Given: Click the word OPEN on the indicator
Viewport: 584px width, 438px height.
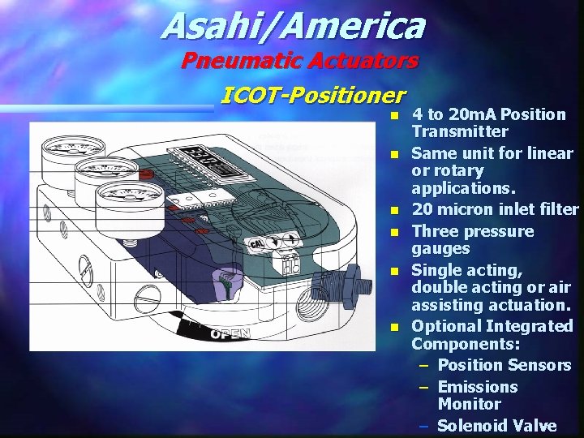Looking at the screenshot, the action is coord(230,333).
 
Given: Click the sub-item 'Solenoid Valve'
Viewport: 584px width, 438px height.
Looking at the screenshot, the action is coord(496,426).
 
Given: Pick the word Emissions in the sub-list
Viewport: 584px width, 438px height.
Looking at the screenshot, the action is coord(477,387).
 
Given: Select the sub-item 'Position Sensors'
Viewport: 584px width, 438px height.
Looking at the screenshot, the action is coord(504,365).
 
